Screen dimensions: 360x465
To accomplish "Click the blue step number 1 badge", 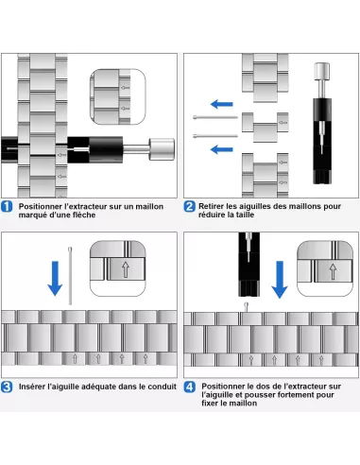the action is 7,207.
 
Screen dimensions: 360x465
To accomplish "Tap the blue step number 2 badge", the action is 189,207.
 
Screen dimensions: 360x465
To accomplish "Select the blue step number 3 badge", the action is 7,387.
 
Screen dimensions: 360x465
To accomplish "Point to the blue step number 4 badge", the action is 189,387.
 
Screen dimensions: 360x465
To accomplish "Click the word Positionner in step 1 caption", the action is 40,207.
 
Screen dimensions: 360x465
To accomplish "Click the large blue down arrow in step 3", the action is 55,279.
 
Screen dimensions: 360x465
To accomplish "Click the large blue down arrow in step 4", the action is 280,280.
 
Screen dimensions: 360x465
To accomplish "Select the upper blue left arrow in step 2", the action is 222,104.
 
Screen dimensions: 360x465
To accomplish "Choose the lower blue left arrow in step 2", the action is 222,149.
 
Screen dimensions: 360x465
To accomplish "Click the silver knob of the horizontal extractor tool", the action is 162,149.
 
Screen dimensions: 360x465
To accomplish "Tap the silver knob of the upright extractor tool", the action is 322,72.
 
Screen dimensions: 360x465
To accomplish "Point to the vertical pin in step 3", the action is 70,276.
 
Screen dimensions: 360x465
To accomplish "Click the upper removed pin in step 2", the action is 215,117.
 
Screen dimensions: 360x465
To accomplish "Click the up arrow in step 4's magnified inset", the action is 333,271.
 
